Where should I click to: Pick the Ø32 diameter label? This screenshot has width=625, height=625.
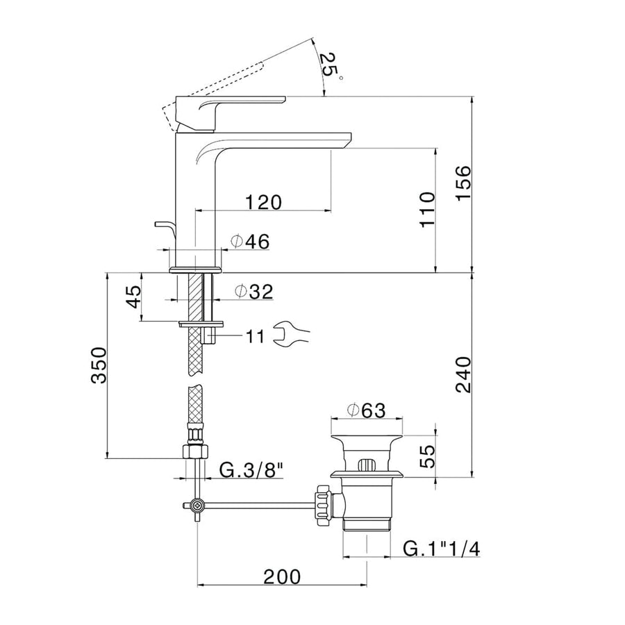coord(253,292)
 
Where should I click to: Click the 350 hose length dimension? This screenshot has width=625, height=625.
coord(99,365)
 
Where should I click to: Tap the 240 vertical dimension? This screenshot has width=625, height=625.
coord(463,375)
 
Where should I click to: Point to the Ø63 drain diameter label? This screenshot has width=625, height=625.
coord(366,410)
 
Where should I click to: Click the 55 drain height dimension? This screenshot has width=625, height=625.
coord(428,456)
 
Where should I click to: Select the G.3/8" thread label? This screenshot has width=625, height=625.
coord(252,471)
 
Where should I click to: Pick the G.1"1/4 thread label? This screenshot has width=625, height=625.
coord(442,549)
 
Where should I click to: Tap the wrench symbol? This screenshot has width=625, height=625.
coord(291,335)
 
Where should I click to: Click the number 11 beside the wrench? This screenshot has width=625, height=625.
coord(254,337)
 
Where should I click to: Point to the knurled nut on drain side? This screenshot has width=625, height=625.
coord(323,502)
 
